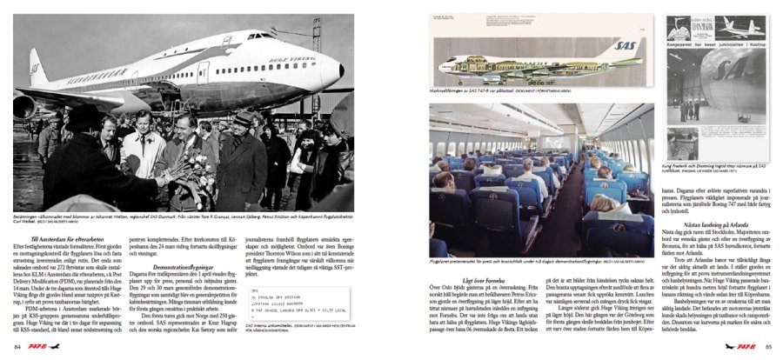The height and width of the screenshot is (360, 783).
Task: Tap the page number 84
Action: (x=18, y=347)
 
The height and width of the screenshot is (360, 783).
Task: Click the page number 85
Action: (x=768, y=347)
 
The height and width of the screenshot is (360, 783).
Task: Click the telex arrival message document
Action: (x=295, y=301)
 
